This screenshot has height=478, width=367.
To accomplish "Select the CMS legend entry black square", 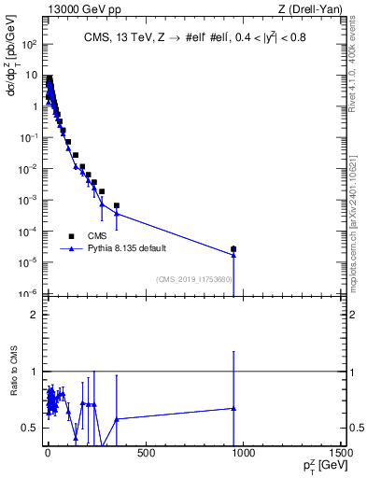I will (71, 236).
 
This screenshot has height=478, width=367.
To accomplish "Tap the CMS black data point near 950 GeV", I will (233, 249).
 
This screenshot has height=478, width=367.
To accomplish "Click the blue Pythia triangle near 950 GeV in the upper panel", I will (233, 255).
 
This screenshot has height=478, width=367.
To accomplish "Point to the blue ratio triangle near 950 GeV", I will (233, 408).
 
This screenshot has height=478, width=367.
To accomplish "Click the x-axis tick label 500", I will (145, 455).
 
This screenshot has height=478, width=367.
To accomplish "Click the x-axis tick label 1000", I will (243, 455).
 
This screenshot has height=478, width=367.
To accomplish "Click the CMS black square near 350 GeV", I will (117, 205).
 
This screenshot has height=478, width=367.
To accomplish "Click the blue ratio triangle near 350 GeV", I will (117, 419).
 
